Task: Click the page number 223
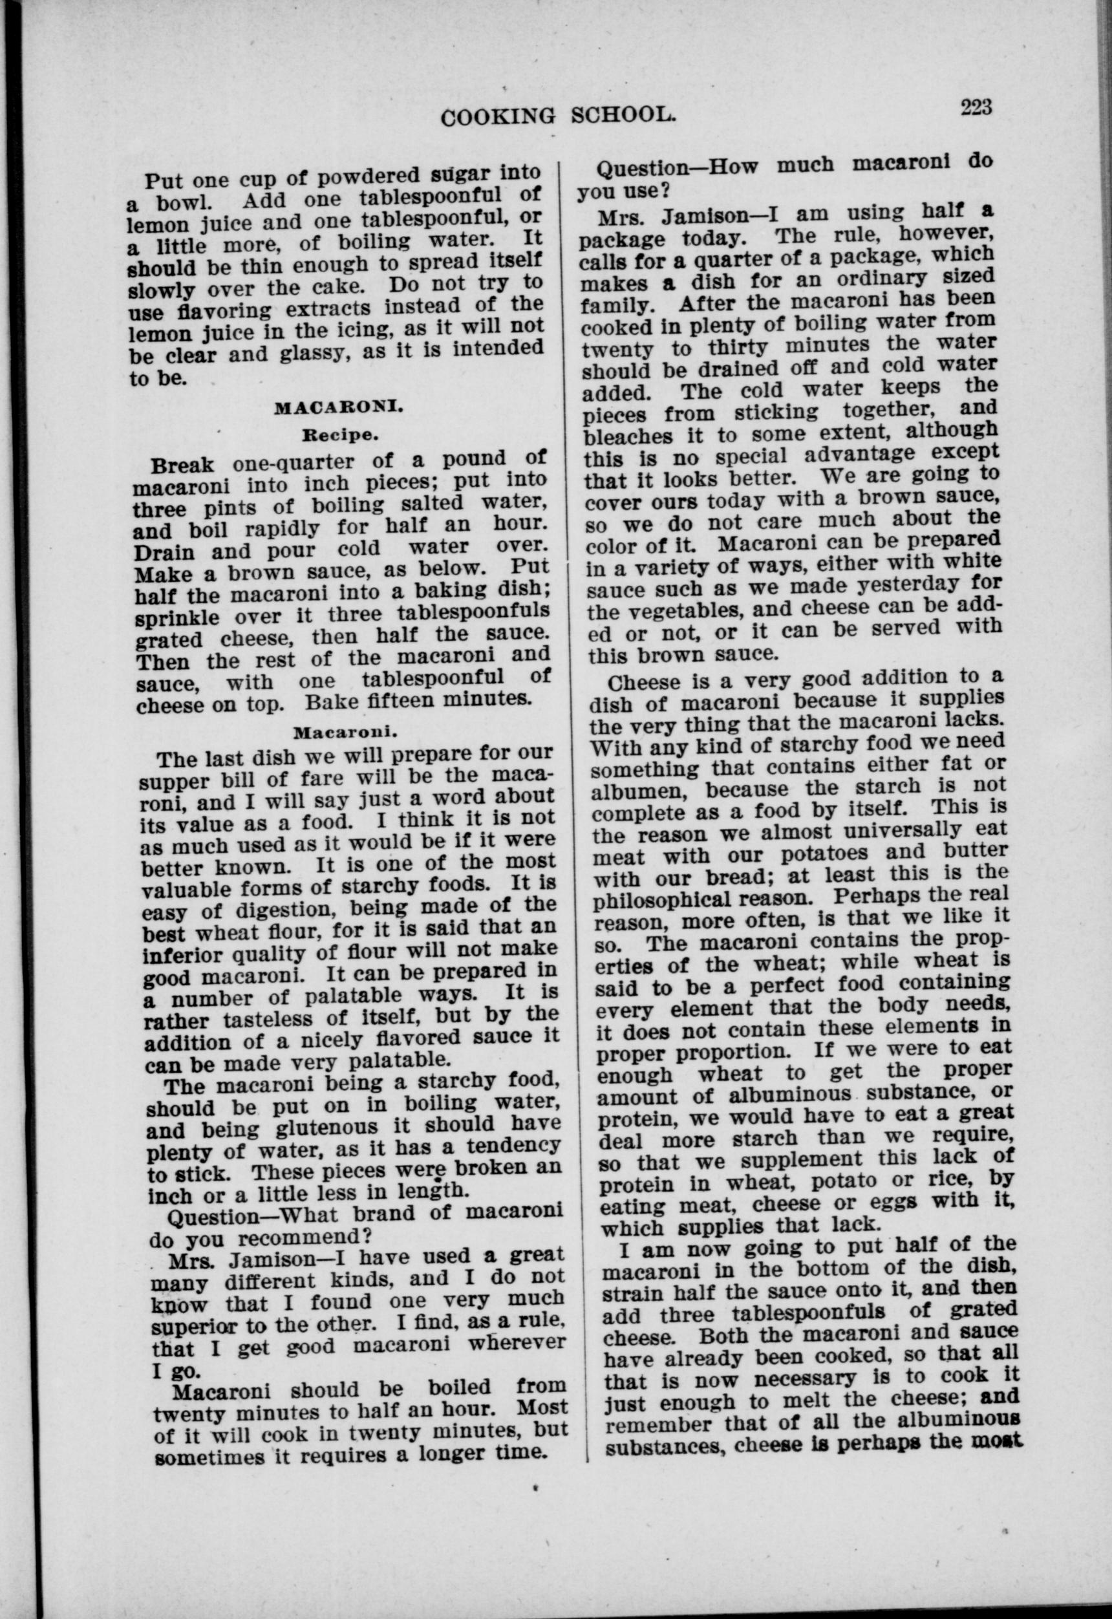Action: pos(976,107)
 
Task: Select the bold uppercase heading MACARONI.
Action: pos(339,409)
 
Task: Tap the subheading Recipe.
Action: pos(339,435)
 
